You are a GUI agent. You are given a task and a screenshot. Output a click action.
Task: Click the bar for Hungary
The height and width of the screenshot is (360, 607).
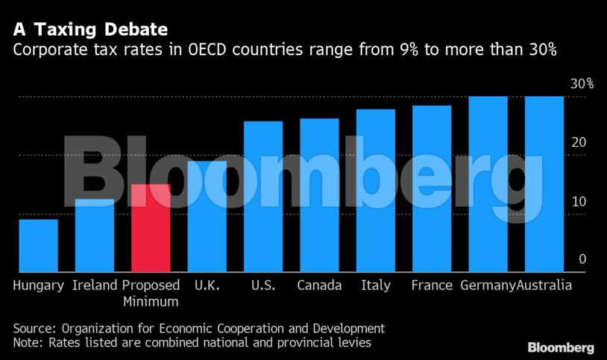pos(38,245)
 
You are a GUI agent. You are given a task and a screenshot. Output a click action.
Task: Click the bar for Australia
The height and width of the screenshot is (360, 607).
pos(544,184)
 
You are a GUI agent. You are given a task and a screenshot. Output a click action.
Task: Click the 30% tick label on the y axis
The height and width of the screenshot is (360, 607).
pos(582,84)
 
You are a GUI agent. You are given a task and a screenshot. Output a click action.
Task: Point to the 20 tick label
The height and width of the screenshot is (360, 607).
pos(579,142)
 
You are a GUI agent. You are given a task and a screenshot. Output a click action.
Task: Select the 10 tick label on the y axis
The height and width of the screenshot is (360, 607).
pos(579,201)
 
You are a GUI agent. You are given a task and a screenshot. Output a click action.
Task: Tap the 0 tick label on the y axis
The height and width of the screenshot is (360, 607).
pos(582,259)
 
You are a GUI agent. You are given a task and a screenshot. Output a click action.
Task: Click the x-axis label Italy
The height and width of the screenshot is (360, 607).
pos(375,285)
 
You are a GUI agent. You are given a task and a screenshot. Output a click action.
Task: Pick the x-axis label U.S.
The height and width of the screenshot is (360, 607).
pos(263,285)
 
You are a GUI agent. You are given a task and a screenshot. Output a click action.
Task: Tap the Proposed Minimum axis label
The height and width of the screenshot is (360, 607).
pos(151,294)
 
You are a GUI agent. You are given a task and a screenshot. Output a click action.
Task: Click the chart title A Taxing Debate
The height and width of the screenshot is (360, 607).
pos(89,31)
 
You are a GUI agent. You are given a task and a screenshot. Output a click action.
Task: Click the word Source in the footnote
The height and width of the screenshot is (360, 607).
pos(34,328)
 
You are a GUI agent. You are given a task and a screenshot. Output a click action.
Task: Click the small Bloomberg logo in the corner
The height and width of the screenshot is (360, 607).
pos(561,347)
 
